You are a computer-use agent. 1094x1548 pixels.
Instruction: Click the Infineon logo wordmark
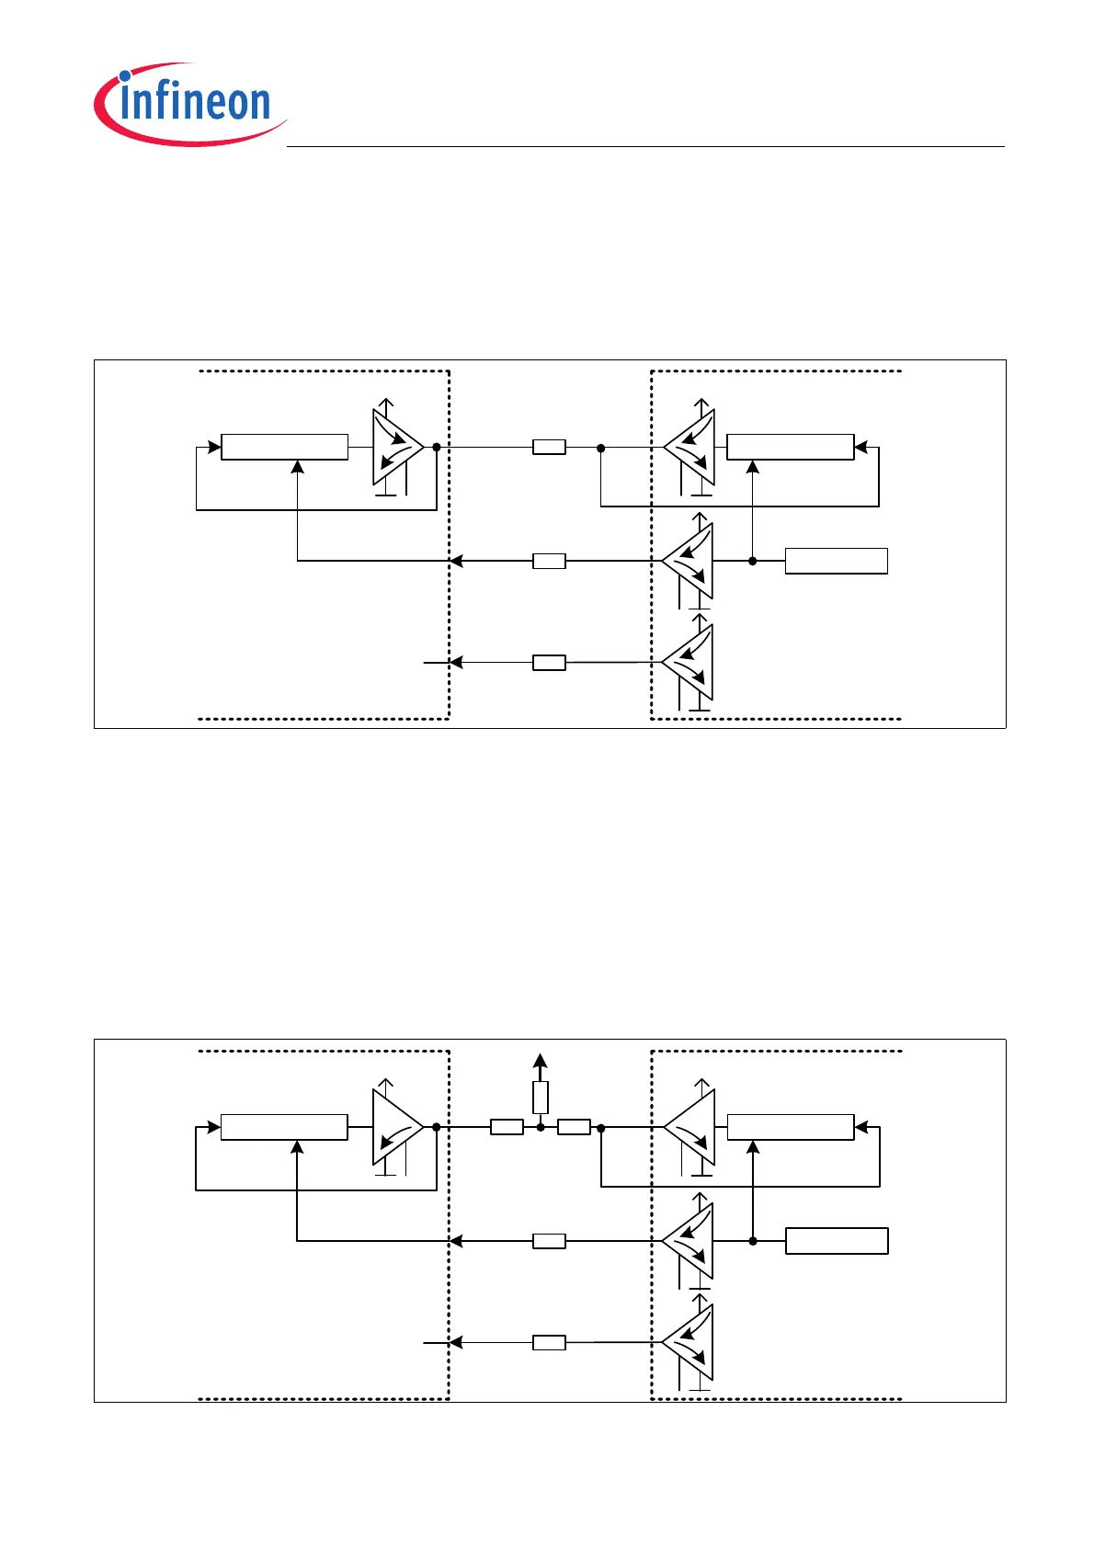[194, 103]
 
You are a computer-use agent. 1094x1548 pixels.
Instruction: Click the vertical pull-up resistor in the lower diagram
[541, 1098]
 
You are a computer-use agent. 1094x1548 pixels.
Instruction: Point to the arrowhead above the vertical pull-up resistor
[541, 1060]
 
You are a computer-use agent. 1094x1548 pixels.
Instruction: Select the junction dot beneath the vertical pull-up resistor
[541, 1127]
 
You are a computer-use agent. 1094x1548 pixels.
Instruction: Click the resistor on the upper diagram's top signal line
[549, 448]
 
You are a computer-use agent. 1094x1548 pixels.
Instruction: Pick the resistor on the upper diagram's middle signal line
[549, 561]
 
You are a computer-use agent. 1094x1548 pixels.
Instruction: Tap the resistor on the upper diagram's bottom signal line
[549, 663]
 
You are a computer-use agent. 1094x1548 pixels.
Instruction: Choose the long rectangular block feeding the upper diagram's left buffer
[285, 448]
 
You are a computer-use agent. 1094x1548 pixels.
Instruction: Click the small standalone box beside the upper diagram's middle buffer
[836, 561]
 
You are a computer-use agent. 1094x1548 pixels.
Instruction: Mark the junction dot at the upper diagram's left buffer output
[437, 448]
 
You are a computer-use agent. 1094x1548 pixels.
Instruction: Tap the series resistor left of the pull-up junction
[507, 1127]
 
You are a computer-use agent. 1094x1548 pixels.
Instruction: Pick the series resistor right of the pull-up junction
[574, 1127]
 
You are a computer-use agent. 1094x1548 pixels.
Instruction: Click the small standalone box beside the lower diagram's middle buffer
[837, 1241]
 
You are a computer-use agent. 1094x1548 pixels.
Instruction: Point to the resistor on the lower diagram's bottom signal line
[549, 1343]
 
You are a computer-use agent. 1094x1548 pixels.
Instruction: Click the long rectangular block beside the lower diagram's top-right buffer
[791, 1127]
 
